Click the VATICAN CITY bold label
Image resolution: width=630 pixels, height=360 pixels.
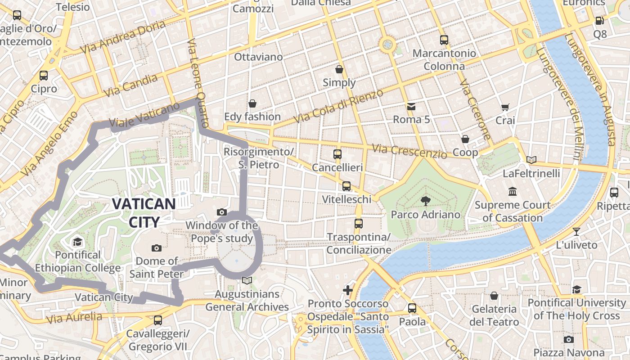click(x=144, y=212)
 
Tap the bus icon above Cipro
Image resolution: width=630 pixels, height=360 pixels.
click(x=44, y=76)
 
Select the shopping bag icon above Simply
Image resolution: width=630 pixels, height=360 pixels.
click(x=339, y=69)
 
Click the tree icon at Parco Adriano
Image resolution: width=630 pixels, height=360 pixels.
click(x=425, y=201)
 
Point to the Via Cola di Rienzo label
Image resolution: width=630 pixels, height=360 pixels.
click(x=338, y=106)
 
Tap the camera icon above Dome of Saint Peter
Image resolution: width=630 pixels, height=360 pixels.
click(x=157, y=248)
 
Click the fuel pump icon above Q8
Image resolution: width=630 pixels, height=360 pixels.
click(x=599, y=21)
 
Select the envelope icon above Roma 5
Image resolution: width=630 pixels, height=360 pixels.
click(x=411, y=107)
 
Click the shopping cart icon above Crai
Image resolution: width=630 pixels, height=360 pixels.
click(x=505, y=108)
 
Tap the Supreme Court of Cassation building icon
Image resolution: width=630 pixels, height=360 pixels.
click(x=513, y=192)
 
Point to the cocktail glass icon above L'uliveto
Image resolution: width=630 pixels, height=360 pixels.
click(x=576, y=232)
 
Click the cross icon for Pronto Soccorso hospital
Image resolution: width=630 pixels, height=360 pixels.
click(x=348, y=290)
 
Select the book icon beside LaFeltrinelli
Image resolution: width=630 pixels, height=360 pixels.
click(x=531, y=160)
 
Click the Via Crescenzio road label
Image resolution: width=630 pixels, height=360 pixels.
click(x=409, y=151)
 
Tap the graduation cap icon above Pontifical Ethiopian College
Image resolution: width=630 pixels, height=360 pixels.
click(x=78, y=242)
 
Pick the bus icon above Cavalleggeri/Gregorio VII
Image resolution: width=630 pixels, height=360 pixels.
click(x=157, y=320)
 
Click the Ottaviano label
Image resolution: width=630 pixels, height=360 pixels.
click(x=258, y=57)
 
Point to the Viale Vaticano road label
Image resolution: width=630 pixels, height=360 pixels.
click(x=144, y=115)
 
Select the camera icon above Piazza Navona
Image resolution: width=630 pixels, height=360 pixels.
click(x=569, y=339)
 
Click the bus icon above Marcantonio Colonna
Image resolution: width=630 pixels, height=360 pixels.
click(x=444, y=40)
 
